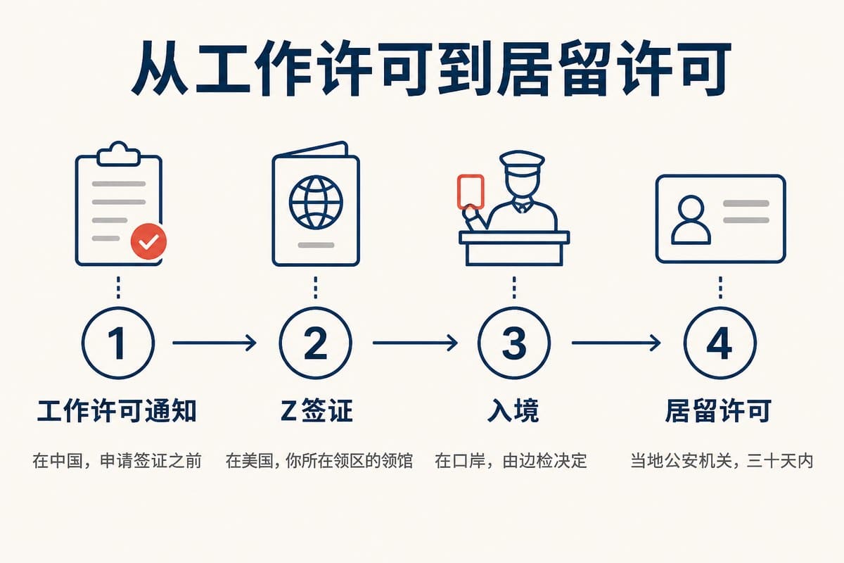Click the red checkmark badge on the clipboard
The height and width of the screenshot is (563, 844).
coord(148,241)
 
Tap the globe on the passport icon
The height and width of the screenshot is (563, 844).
coord(316,203)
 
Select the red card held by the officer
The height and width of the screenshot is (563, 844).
coord(471,191)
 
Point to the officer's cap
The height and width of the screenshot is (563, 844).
coord(522,162)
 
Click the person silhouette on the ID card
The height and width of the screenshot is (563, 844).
coord(691,220)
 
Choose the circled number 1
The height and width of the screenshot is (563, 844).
coord(118,343)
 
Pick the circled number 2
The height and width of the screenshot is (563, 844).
coord(316,343)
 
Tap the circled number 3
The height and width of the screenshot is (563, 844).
coord(514,343)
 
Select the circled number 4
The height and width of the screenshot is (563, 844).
coord(720,343)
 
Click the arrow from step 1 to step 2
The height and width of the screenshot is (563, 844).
coord(215,343)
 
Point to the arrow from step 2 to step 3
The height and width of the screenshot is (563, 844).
coord(415,343)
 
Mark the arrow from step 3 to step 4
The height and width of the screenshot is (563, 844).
coord(616,343)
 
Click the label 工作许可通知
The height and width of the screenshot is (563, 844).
coord(117,411)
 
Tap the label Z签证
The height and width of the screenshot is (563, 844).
coord(316,411)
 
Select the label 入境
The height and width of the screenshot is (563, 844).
coord(513,411)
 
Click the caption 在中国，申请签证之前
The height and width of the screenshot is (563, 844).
coord(117,461)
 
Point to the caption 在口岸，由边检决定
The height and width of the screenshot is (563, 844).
coord(511,461)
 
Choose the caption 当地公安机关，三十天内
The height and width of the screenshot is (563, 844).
coord(722,461)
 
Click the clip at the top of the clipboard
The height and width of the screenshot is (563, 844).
coord(118,154)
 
